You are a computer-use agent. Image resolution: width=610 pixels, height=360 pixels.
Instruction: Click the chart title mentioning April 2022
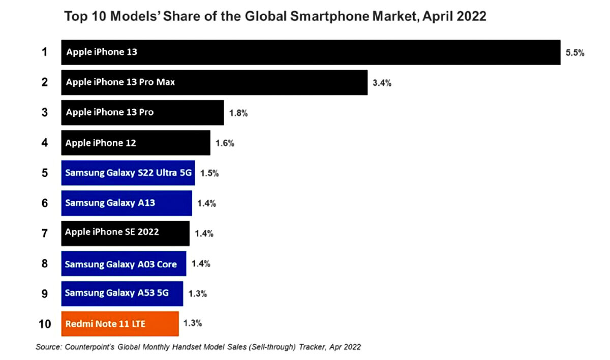point(274,16)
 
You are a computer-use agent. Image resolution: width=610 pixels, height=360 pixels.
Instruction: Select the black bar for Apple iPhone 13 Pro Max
point(214,82)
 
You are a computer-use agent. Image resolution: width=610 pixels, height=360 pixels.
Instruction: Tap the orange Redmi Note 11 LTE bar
point(120,323)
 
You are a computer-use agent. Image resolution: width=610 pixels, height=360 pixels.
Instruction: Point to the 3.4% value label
point(382,83)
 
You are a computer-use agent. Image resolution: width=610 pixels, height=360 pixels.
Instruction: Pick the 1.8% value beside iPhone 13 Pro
point(238,113)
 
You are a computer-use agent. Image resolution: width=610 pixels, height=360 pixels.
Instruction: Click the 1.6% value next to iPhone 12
point(224,143)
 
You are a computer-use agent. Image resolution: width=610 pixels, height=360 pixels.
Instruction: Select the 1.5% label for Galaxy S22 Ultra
point(209,173)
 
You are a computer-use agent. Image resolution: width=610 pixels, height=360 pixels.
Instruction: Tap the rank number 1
point(45,52)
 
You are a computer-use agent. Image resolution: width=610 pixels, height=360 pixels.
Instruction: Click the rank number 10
point(45,323)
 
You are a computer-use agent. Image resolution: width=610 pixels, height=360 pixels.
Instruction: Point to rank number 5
point(45,173)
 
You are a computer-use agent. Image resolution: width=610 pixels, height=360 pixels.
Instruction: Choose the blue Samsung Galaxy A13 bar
point(127,203)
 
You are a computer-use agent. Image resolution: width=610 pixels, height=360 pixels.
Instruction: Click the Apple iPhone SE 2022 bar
point(125,233)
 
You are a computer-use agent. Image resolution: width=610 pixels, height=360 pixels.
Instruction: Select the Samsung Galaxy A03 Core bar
point(124,263)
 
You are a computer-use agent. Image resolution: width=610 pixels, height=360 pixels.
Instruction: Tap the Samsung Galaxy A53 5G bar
point(122,293)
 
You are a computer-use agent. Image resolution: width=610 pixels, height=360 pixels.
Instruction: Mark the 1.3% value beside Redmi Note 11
point(193,322)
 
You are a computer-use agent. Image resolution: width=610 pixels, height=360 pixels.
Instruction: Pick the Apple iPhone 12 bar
point(135,143)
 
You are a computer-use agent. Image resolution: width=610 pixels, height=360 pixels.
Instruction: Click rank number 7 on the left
point(45,233)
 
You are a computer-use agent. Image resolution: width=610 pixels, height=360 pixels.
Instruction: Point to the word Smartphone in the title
point(349,16)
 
